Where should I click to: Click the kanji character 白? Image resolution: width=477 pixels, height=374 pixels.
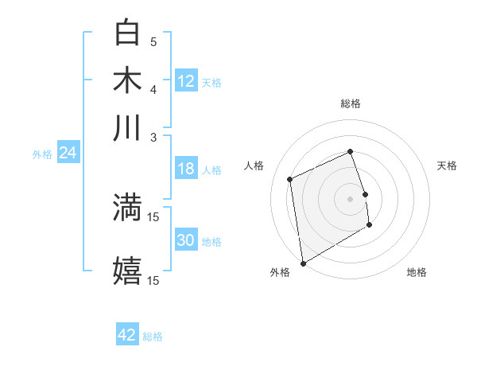tap(127, 33)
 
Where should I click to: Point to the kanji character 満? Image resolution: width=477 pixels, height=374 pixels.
tap(127, 208)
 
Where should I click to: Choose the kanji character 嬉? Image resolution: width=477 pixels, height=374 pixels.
tap(127, 271)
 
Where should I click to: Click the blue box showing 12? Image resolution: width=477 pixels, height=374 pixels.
tap(186, 80)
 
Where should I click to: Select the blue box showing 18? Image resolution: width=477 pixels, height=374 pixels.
tap(186, 169)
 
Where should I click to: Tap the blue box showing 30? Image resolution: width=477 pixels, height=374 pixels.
tap(186, 240)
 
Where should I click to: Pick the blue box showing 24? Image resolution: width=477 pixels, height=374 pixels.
tap(68, 153)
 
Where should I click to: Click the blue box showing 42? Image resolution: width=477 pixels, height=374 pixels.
tap(127, 335)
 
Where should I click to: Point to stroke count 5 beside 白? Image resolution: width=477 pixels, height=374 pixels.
tap(153, 41)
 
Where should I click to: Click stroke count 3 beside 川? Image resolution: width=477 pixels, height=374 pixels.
tap(154, 136)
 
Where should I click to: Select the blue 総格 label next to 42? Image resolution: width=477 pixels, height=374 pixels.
tap(153, 337)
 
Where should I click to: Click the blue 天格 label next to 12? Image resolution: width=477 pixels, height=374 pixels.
tap(211, 82)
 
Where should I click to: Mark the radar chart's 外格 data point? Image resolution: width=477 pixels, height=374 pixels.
tap(302, 263)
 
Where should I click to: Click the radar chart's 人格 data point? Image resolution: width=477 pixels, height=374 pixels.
tap(290, 179)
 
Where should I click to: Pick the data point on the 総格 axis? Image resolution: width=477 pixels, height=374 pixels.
tap(350, 151)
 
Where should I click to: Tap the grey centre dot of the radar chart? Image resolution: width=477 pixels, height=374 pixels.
tap(350, 198)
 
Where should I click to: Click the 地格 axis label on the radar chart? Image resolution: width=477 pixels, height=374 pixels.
tap(417, 273)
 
